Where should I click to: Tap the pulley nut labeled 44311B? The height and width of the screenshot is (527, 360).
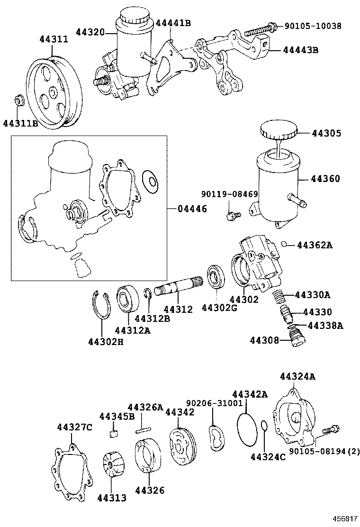coord(20,100)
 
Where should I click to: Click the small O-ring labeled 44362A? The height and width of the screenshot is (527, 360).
coord(283,244)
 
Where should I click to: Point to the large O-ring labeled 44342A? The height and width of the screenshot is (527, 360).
coord(246,430)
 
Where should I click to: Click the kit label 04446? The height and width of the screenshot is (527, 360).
coord(192,209)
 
